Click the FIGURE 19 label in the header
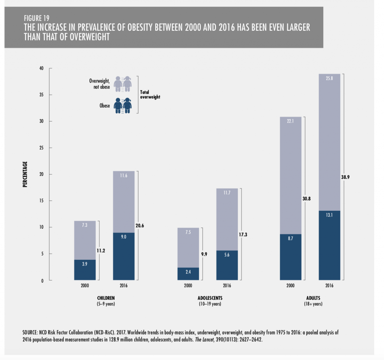pyautogui.click(x=37, y=17)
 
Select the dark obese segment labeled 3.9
pyautogui.click(x=85, y=270)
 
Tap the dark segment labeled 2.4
pyautogui.click(x=188, y=274)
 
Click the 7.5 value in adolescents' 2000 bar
pyautogui.click(x=188, y=232)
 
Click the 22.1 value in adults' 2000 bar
pyautogui.click(x=291, y=121)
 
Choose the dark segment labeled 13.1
pyautogui.click(x=329, y=245)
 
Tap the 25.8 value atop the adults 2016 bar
pyautogui.click(x=329, y=78)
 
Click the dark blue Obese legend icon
pyautogui.click(x=122, y=106)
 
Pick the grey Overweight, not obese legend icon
pyautogui.click(x=122, y=84)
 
